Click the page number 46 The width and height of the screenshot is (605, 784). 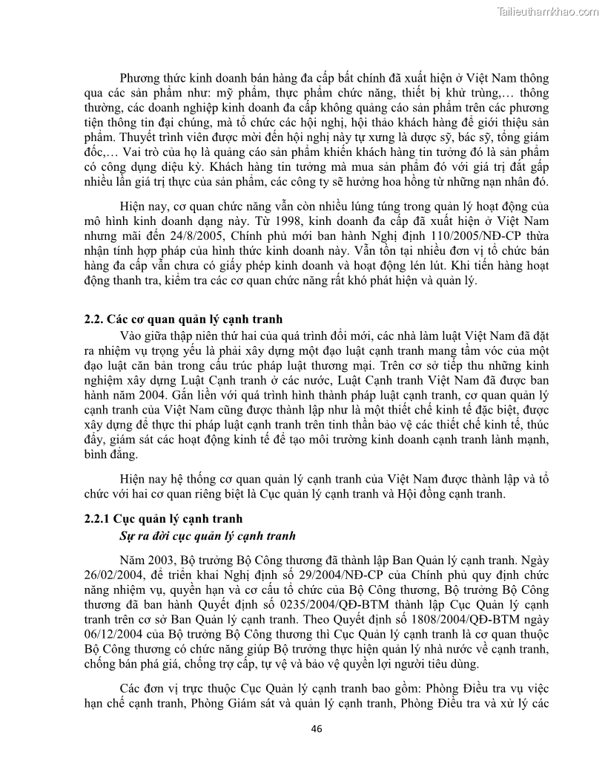click(x=317, y=728)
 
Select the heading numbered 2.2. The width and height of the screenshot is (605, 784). click(x=184, y=320)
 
